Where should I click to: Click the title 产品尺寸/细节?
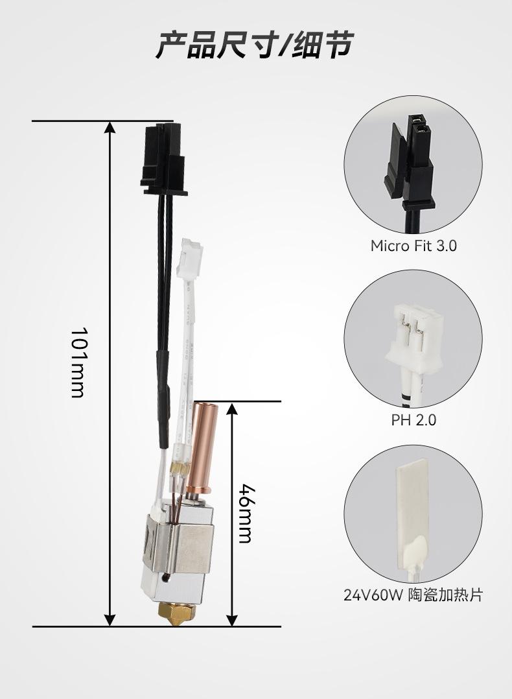[255, 45]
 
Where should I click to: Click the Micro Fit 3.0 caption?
[413, 246]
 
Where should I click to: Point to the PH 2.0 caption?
[413, 420]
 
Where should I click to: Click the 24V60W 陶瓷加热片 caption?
[413, 595]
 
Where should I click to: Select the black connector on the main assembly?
[163, 160]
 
